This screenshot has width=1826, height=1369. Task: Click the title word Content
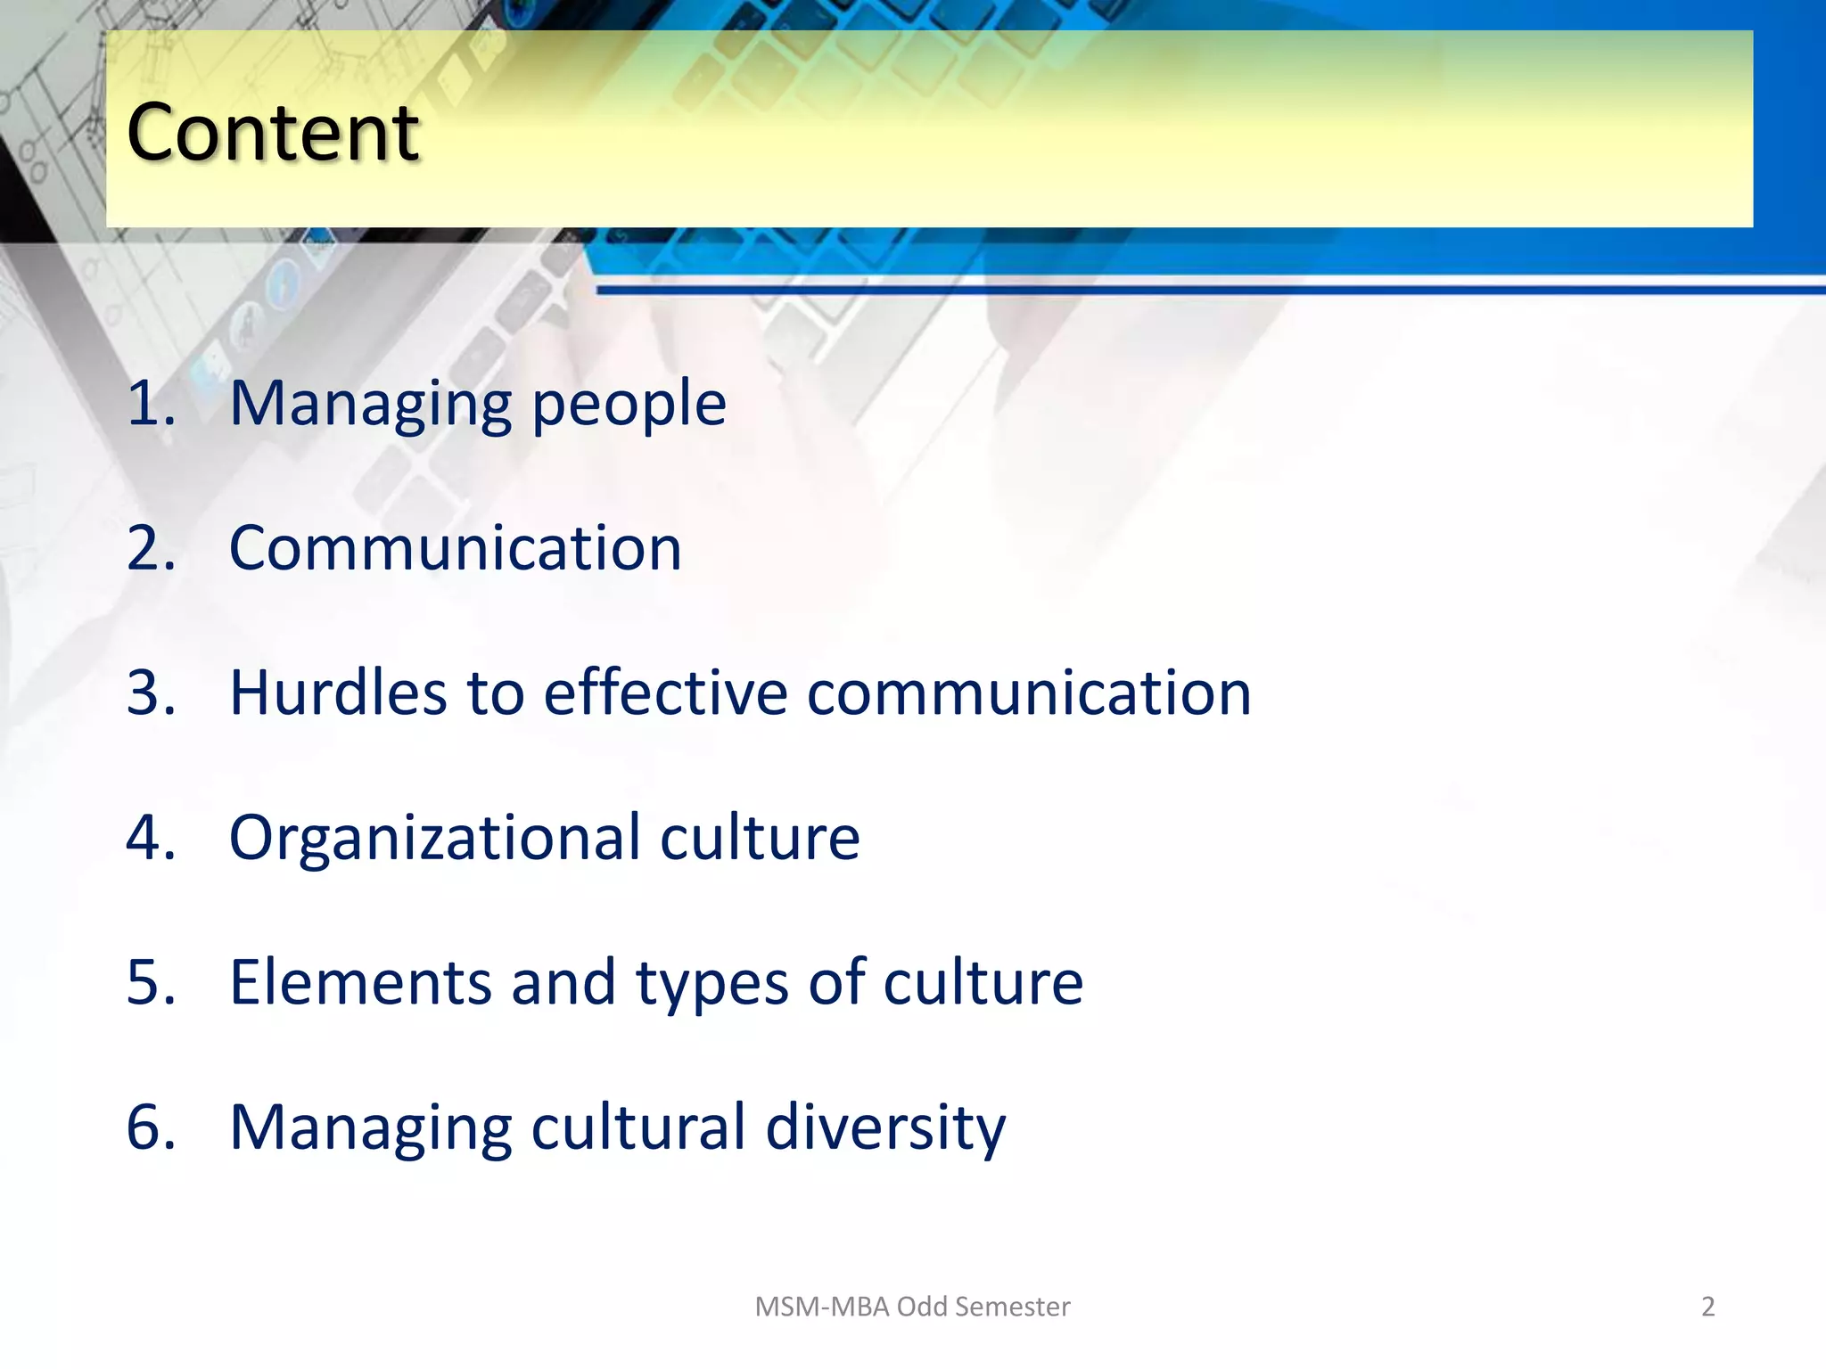273,133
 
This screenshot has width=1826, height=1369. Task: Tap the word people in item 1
629,406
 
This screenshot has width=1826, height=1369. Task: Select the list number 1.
150,404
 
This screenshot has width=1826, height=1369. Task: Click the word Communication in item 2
456,548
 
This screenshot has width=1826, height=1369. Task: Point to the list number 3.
150,693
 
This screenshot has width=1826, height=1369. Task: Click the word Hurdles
338,693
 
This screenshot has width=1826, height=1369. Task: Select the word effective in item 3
665,693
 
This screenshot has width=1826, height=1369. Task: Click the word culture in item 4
760,838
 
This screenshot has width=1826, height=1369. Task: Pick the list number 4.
150,838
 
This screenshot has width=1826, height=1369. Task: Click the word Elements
360,982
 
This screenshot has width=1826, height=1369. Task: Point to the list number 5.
150,982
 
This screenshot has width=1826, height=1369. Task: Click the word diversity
885,1128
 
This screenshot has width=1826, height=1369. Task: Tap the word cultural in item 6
638,1127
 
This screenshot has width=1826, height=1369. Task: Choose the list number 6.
150,1127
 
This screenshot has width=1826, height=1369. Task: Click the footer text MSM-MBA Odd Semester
912,1307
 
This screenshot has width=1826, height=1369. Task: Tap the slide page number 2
1707,1307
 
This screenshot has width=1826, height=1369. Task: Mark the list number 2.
150,548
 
